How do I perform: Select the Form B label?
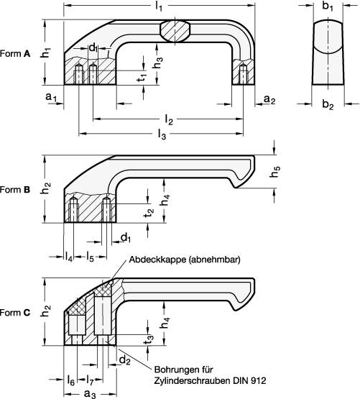[x=15, y=190]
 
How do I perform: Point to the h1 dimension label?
[x=45, y=52]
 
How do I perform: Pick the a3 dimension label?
[x=89, y=393]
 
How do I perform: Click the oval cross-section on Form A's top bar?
[x=175, y=31]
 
